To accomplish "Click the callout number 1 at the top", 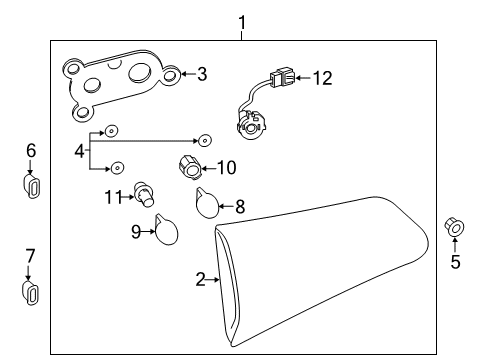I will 240,20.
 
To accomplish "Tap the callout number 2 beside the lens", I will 200,280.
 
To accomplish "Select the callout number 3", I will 201,73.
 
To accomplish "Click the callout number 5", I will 456,263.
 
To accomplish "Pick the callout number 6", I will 31,150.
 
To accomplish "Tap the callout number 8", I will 239,207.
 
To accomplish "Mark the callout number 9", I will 135,231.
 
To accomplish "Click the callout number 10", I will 226,167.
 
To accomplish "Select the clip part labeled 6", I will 31,186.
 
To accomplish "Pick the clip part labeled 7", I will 31,292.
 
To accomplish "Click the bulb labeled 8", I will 206,204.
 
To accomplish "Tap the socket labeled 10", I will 188,166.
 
